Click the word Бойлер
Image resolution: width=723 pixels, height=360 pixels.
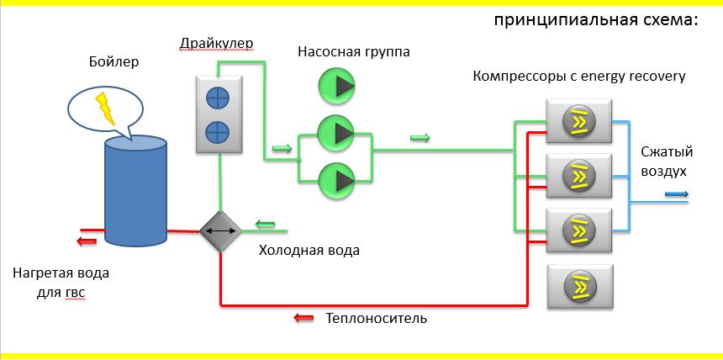[113, 62]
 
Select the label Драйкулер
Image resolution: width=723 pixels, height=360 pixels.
[216, 43]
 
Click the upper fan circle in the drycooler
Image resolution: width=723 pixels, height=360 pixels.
[218, 98]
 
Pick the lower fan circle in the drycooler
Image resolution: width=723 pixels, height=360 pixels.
[218, 131]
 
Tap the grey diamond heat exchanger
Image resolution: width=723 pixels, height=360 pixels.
[220, 230]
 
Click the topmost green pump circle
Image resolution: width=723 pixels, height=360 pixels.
[337, 84]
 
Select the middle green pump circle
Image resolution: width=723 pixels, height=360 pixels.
[337, 133]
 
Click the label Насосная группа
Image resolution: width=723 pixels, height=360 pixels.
[354, 52]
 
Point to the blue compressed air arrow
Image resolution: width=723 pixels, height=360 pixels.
[677, 194]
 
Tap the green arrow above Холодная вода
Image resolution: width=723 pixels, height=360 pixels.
[266, 224]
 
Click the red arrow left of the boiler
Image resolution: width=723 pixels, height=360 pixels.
[85, 242]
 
